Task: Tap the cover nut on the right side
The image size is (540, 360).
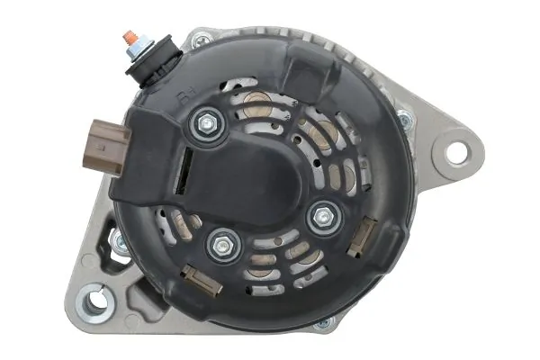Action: coord(321,214)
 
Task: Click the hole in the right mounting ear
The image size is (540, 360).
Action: coord(456,152)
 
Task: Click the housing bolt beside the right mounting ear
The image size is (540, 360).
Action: coord(404,119)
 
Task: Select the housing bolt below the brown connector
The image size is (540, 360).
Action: coord(116,241)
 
